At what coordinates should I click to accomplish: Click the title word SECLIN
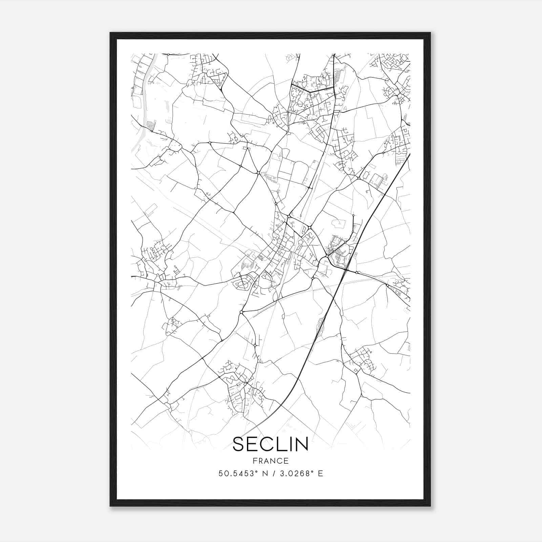tap(270, 444)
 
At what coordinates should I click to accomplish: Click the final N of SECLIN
tap(301, 444)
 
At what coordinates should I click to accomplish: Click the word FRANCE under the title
tap(270, 461)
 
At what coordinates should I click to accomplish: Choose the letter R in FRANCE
tap(260, 461)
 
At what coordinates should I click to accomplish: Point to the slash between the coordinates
tap(272, 474)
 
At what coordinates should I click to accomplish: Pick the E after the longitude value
tap(320, 474)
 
